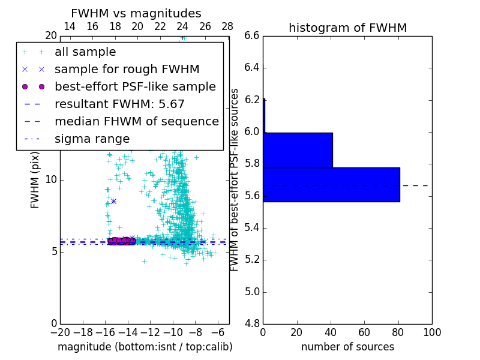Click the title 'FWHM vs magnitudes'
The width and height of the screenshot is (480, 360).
(136, 13)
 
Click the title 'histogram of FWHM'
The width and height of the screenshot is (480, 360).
(347, 28)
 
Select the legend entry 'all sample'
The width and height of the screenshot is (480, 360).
(85, 52)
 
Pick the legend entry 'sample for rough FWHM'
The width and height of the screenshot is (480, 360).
(127, 69)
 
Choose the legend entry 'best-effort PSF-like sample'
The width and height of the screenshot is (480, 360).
(135, 86)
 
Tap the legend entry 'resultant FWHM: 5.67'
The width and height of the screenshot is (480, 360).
(119, 104)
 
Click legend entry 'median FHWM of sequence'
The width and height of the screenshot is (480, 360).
(137, 121)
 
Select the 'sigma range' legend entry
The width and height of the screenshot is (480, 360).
(92, 139)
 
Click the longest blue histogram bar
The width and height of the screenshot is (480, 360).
(331, 184)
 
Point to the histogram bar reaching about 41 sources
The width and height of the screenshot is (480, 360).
(298, 150)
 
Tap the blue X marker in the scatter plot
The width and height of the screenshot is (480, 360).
(113, 201)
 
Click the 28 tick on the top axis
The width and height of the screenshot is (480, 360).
(227, 27)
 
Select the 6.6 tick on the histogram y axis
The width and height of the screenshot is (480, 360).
(251, 36)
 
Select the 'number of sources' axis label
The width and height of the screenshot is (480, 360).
(347, 347)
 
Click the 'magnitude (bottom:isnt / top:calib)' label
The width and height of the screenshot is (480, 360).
(145, 347)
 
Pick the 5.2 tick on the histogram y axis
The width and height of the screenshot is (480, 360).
(251, 260)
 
